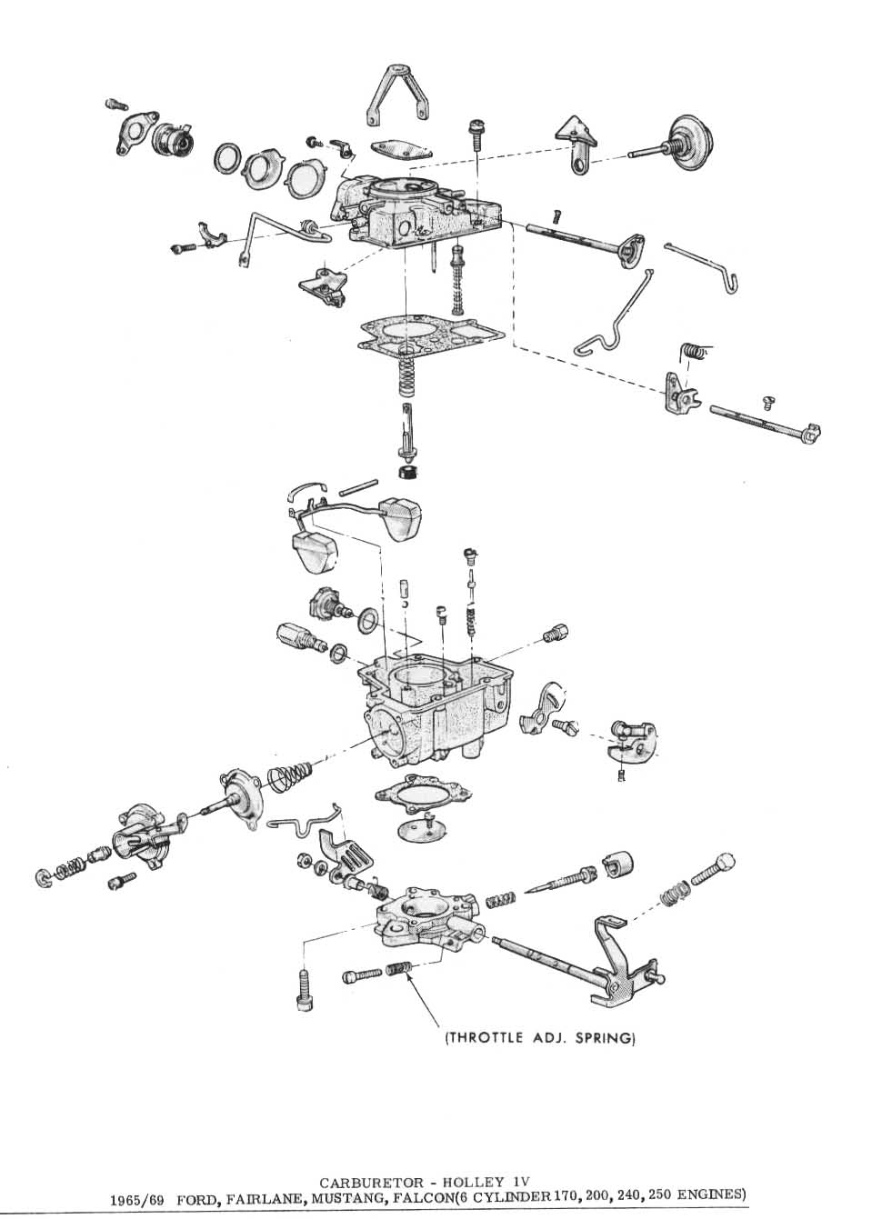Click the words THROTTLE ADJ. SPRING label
538,1037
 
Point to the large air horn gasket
429,333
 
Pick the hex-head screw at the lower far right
715,869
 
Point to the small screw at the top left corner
115,105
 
